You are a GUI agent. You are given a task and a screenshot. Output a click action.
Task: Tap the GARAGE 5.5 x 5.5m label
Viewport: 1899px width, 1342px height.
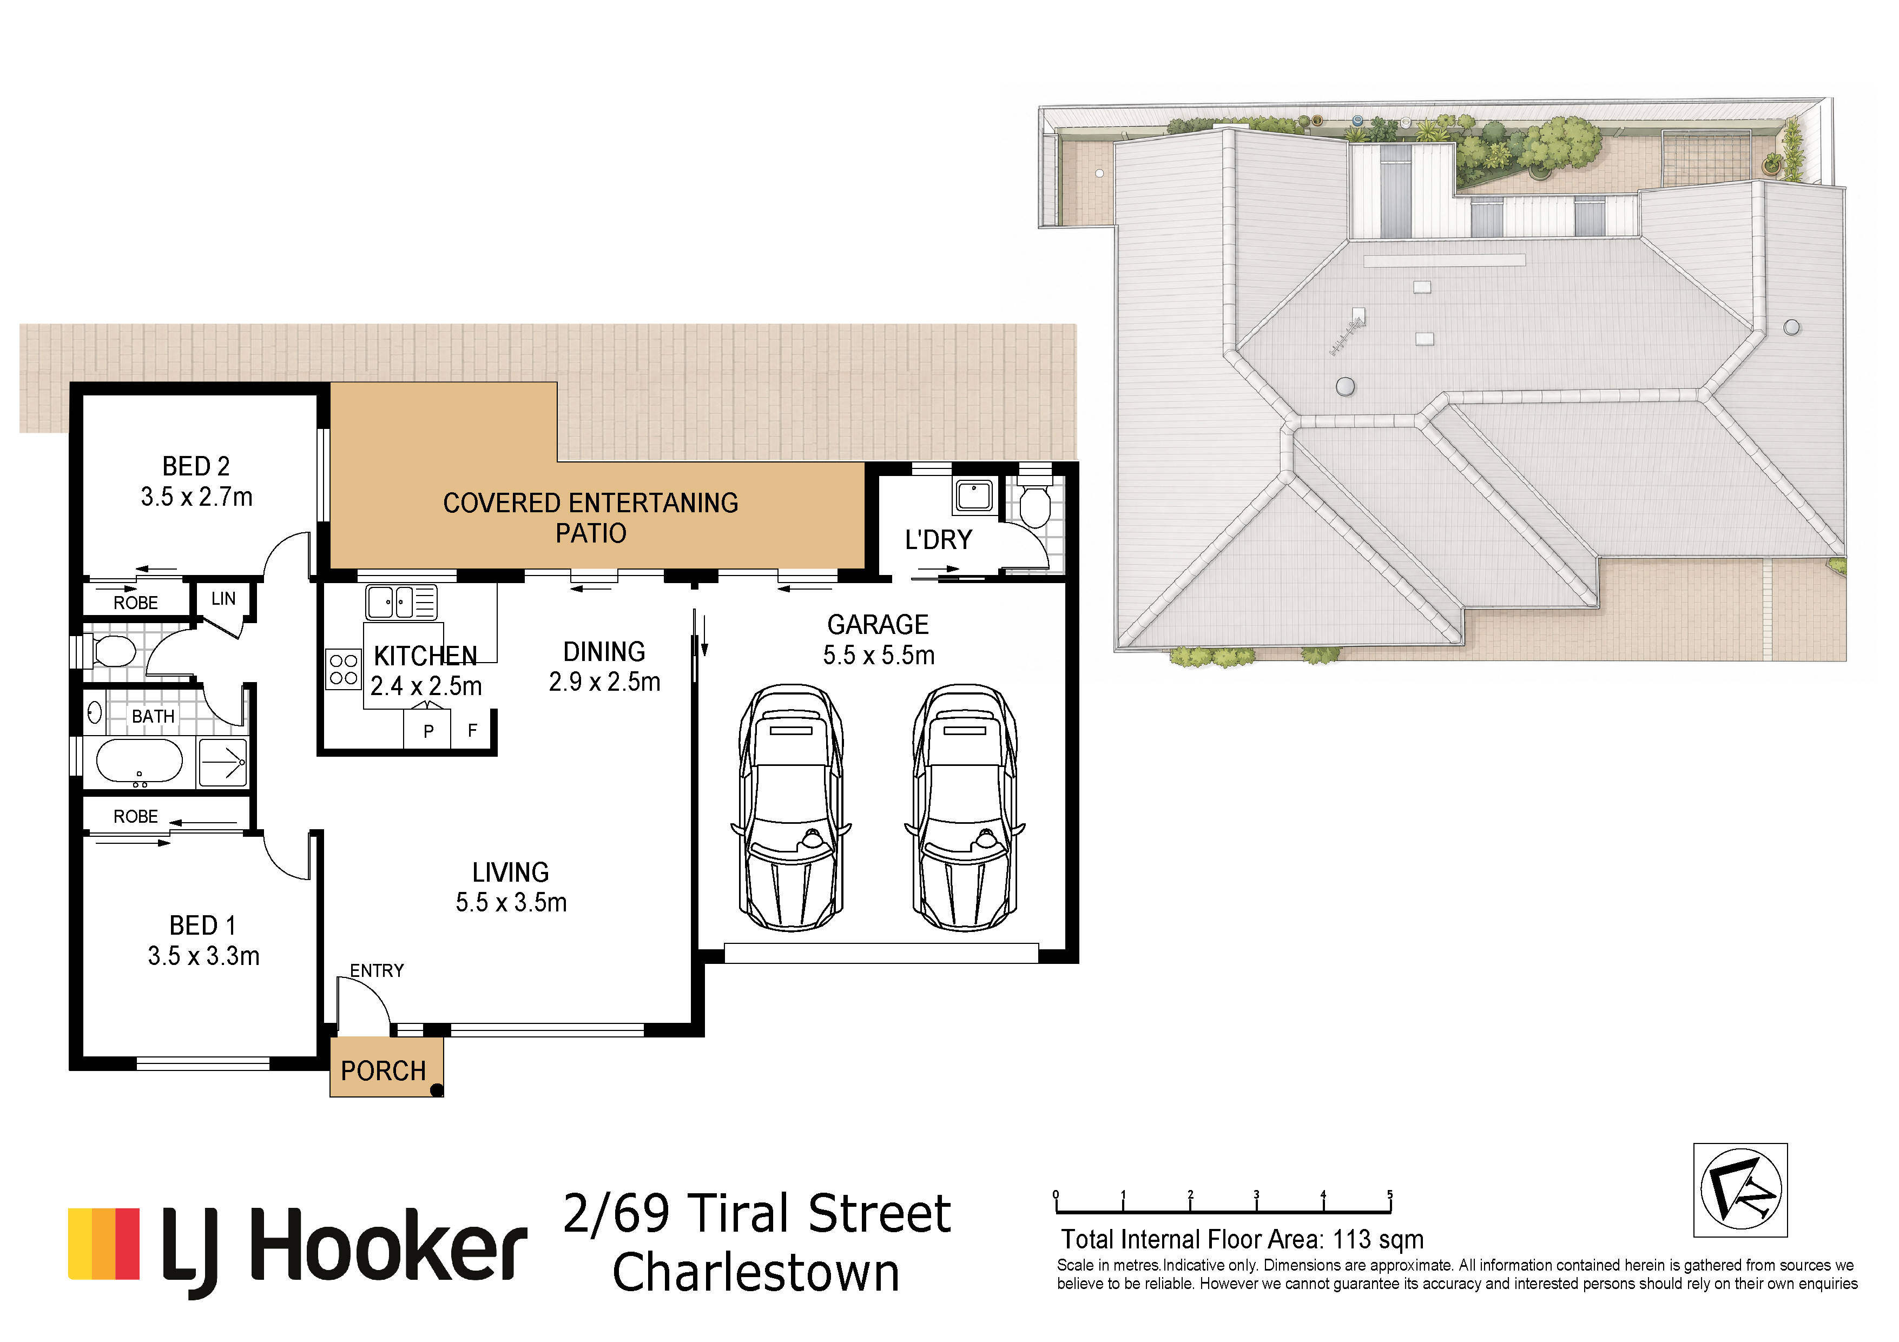(x=879, y=639)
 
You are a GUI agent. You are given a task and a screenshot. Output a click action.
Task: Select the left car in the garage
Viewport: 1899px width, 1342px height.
(x=792, y=807)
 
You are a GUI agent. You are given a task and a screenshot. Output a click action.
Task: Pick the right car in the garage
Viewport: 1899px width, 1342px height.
(x=965, y=807)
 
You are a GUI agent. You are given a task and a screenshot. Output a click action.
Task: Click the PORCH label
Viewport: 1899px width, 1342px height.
(x=383, y=1071)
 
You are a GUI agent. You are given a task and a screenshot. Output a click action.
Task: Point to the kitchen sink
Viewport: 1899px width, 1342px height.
(x=401, y=602)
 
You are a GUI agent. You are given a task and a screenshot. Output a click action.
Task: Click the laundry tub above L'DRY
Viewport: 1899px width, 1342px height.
(x=974, y=496)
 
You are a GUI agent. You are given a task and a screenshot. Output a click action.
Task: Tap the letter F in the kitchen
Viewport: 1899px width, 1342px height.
(x=472, y=731)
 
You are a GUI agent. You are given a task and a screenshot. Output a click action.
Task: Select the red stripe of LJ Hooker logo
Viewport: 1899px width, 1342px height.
(x=127, y=1244)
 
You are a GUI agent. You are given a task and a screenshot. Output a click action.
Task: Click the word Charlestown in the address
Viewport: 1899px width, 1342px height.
(x=756, y=1273)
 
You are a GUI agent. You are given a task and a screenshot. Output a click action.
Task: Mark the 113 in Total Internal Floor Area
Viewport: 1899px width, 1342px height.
(x=1352, y=1239)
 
